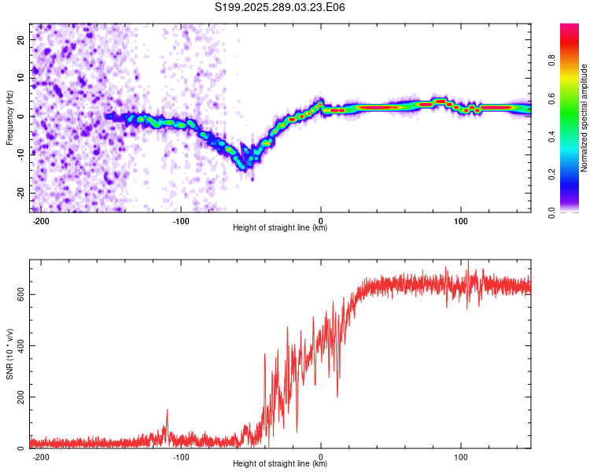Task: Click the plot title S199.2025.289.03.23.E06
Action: tap(281, 7)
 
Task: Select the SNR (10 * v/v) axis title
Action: tap(9, 354)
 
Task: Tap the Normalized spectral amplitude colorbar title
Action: tap(584, 118)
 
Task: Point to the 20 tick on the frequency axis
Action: tap(21, 39)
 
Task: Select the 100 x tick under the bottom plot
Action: tap(460, 457)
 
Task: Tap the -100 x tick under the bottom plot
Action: tap(180, 457)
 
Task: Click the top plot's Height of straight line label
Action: tap(280, 228)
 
